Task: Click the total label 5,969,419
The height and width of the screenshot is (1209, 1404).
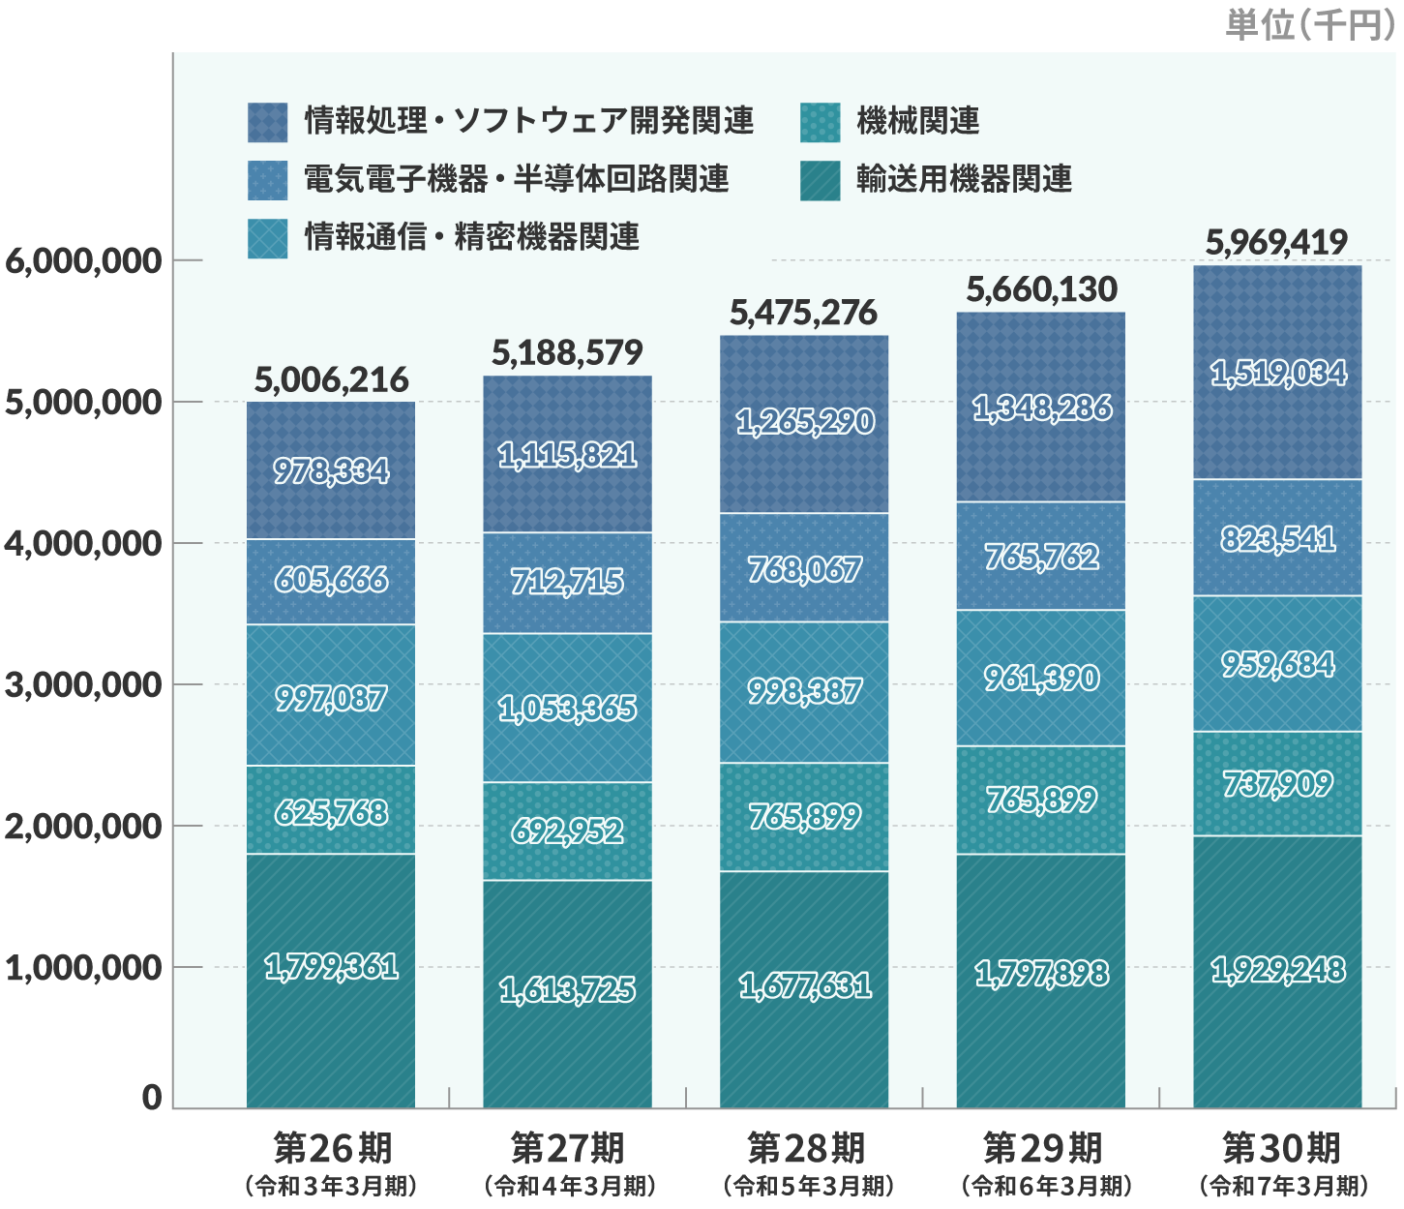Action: click(1276, 242)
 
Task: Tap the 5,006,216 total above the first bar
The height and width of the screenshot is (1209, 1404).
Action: click(331, 379)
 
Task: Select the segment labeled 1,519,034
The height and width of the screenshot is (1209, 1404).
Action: click(1277, 373)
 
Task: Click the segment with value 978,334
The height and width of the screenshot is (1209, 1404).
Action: click(331, 471)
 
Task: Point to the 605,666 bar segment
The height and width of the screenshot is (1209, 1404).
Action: click(331, 580)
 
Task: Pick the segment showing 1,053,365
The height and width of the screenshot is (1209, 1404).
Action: click(567, 709)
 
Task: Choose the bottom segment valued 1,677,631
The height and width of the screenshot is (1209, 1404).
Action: click(804, 985)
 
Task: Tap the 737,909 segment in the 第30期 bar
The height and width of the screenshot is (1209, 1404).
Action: click(1277, 783)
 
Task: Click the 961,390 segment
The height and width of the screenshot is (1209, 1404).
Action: click(1041, 678)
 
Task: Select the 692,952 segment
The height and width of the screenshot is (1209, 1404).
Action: click(567, 831)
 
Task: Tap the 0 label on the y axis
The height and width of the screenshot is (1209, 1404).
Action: click(152, 1098)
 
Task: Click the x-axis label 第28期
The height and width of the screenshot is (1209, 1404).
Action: click(805, 1149)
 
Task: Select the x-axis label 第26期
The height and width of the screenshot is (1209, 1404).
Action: click(331, 1149)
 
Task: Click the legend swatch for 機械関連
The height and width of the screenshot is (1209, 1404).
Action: click(820, 122)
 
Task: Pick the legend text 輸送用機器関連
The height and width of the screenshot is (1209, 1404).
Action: click(964, 180)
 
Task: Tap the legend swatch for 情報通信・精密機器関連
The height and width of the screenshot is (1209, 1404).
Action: click(267, 238)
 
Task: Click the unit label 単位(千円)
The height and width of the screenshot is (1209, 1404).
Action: click(1310, 24)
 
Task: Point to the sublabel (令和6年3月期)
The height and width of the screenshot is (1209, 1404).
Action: click(1045, 1186)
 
